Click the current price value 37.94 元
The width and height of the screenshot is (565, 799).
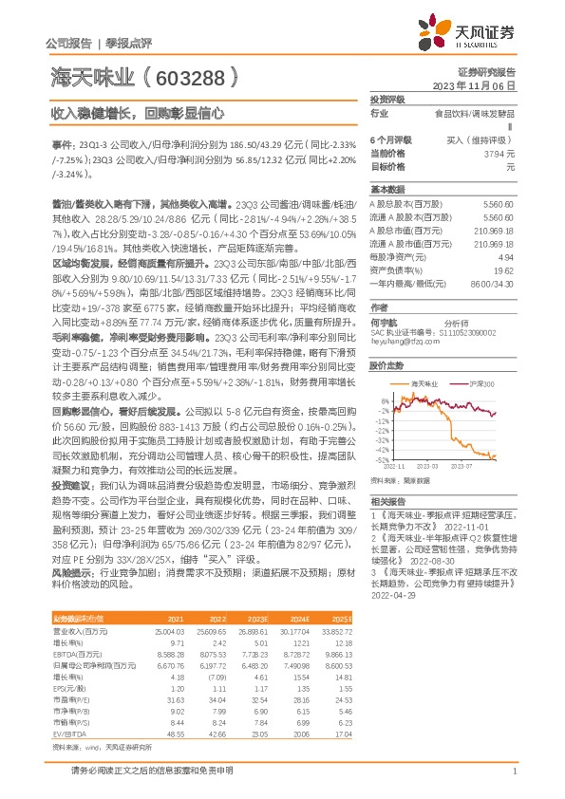[498, 153]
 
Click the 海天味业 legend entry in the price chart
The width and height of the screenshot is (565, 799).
[426, 383]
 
